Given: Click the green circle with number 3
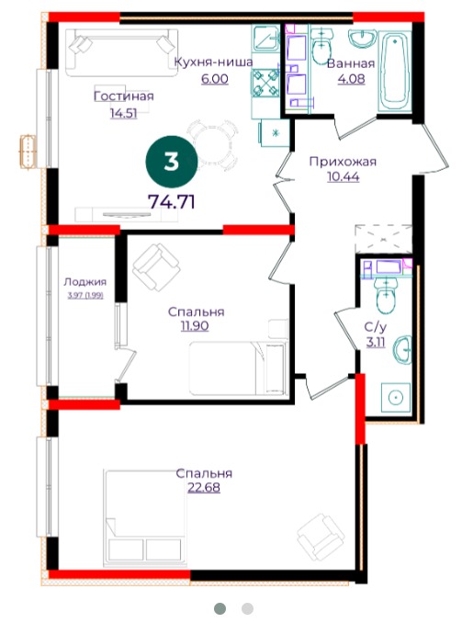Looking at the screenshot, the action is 171,162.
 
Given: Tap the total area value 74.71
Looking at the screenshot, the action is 172,202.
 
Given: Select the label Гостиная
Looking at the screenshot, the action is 124,96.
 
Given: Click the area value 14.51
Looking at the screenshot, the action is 124,114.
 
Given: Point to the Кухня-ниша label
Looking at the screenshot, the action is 214,62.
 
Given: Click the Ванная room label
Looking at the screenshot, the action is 351,63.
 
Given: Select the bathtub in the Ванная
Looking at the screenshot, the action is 394,72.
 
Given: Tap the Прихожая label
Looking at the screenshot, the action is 343,162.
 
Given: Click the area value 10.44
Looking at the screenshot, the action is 344,176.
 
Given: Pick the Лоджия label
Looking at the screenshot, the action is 85,282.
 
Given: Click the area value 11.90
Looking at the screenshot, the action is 195,326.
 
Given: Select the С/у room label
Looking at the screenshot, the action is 376,327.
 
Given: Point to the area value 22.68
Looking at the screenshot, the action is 204,488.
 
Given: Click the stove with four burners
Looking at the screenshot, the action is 265,84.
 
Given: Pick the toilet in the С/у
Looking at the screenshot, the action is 387,296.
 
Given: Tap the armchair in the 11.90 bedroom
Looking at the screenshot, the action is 156,267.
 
